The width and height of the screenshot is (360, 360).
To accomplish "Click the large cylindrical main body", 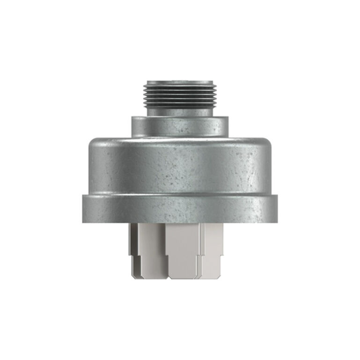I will (x=180, y=166).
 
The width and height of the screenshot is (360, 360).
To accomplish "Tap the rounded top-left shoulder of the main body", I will (x=94, y=142).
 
